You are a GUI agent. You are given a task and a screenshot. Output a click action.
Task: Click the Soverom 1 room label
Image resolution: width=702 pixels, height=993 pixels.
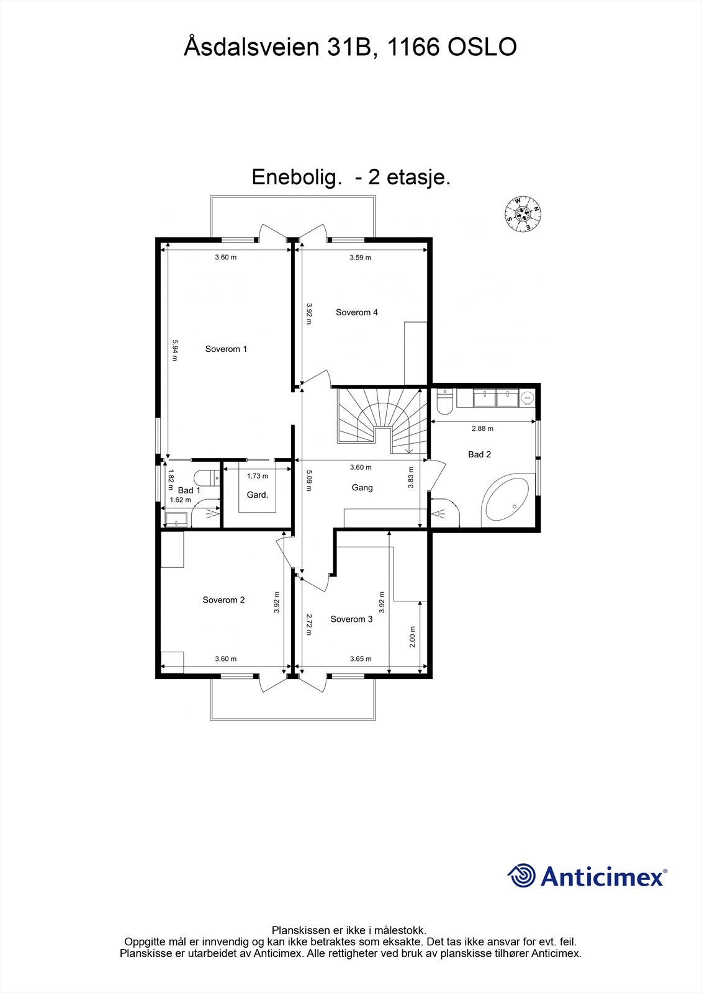(x=226, y=349)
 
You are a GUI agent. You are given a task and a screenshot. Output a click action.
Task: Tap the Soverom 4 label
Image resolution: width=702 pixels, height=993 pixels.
(x=356, y=312)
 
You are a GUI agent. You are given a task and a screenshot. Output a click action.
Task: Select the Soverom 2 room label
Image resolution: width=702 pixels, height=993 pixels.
(x=223, y=600)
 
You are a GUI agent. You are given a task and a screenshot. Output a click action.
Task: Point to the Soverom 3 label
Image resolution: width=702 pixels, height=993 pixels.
(x=351, y=619)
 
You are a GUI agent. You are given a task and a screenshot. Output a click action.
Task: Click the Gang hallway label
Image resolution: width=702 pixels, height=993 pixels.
(x=362, y=487)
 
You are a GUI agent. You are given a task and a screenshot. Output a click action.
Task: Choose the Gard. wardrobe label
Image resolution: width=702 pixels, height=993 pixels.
(x=257, y=495)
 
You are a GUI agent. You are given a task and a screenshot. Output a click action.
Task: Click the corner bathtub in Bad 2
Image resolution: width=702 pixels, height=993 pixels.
(x=506, y=500)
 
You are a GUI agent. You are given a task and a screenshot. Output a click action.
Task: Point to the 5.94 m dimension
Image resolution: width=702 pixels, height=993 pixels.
(x=175, y=351)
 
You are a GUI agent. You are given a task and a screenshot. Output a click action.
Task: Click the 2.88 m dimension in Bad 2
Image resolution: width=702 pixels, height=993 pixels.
(x=482, y=428)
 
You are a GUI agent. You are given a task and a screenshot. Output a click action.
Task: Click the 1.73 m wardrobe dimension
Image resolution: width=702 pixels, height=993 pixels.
(x=257, y=476)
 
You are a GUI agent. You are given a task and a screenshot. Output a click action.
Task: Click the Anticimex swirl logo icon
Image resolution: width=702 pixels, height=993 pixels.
(x=522, y=876)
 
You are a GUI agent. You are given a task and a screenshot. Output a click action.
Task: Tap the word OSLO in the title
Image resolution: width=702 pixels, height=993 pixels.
(x=482, y=48)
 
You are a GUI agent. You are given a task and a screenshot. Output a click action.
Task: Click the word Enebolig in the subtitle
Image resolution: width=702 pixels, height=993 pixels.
(x=296, y=177)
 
